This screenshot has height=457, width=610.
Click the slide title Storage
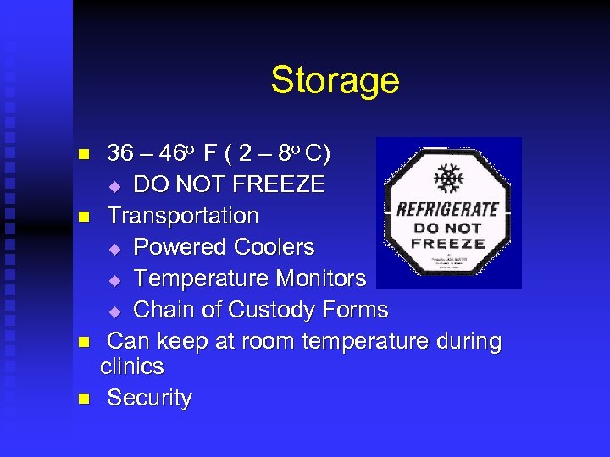(x=335, y=81)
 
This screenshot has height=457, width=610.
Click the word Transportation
(x=183, y=216)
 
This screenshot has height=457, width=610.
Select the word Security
(x=149, y=398)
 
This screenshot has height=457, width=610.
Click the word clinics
(x=131, y=366)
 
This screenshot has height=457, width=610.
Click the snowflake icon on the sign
(x=446, y=179)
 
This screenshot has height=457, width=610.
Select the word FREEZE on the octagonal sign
(x=448, y=243)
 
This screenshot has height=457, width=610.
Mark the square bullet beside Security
(x=83, y=398)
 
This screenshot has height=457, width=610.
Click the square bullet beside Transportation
(x=83, y=217)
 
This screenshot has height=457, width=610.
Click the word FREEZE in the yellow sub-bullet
(x=276, y=184)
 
